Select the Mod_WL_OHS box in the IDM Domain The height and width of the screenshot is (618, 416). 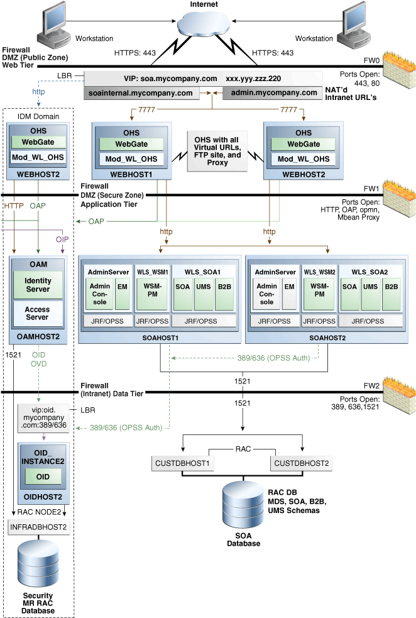click(x=40, y=157)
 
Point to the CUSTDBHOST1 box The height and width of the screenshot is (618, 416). click(x=182, y=463)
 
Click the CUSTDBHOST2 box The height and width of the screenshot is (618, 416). click(x=301, y=463)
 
